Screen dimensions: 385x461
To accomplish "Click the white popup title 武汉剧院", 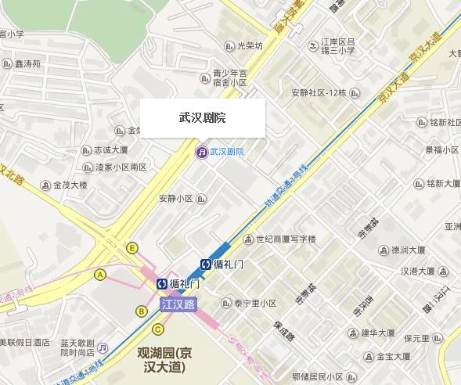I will coord(202,118).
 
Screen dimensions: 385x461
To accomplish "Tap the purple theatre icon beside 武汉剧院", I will coord(201,151).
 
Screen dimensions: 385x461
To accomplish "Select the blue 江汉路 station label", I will coord(178,304).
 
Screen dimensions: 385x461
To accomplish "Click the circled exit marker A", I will coord(99,275).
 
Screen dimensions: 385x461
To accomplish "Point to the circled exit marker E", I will coord(132,248).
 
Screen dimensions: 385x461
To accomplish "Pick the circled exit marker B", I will coord(142,311).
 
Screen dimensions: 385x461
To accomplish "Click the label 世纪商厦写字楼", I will coord(285,239).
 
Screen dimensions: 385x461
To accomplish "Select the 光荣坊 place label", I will coord(250,46).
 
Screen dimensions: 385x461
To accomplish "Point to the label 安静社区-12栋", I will coord(318,92).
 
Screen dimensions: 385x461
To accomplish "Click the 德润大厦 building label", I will coord(406,250).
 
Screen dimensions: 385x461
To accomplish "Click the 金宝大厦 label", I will coord(388,356).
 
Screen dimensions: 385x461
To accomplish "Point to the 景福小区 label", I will coord(441,149).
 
